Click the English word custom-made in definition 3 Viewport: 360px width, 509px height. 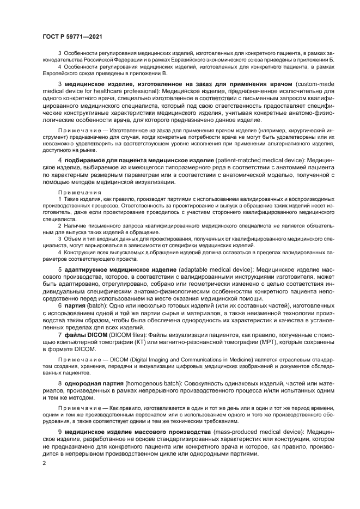[x=315, y=85]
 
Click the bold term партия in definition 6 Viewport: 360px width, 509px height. [x=75, y=306]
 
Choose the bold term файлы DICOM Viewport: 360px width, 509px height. [x=82, y=334]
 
